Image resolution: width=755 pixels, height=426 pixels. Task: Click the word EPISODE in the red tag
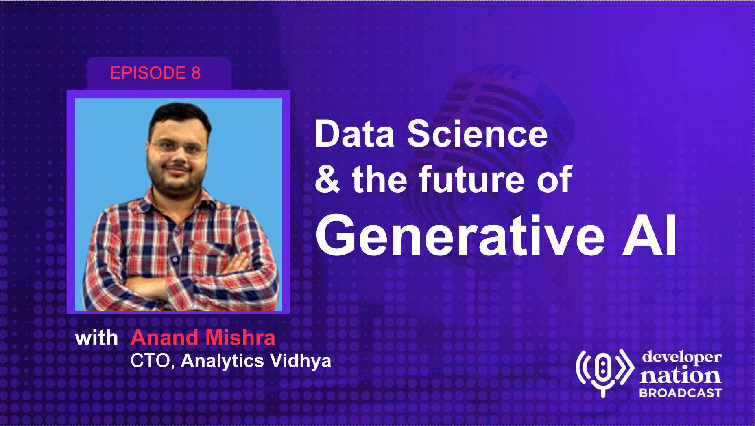pyautogui.click(x=148, y=73)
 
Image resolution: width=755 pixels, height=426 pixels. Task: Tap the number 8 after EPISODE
pyautogui.click(x=196, y=73)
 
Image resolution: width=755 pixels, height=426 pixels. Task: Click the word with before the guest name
pyautogui.click(x=96, y=338)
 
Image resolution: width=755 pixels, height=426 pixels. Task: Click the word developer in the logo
pyautogui.click(x=682, y=357)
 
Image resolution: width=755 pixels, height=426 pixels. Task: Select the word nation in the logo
pyautogui.click(x=680, y=375)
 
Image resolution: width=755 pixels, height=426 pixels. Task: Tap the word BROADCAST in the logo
pyautogui.click(x=680, y=393)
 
